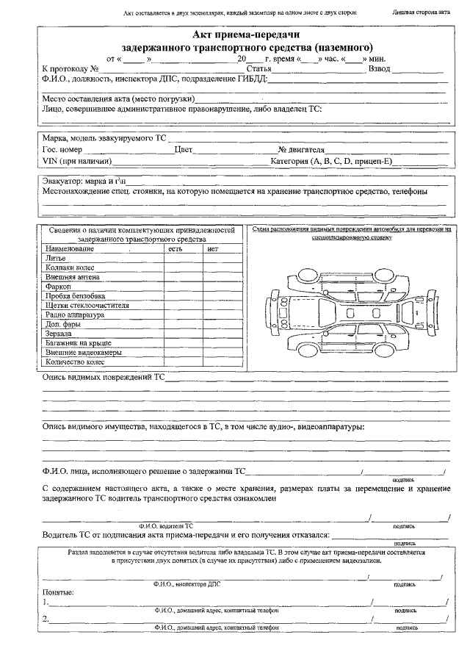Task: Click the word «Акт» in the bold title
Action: pos(203,35)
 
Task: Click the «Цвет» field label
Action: pos(183,150)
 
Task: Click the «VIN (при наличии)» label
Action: pos(77,160)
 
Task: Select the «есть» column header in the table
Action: pos(175,249)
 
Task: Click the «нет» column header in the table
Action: pos(213,249)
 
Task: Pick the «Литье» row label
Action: pos(56,259)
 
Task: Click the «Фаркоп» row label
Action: pos(59,287)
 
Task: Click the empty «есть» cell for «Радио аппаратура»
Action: pos(182,314)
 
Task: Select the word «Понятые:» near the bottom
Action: pos(58,592)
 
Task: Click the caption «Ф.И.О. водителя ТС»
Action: pos(166,526)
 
